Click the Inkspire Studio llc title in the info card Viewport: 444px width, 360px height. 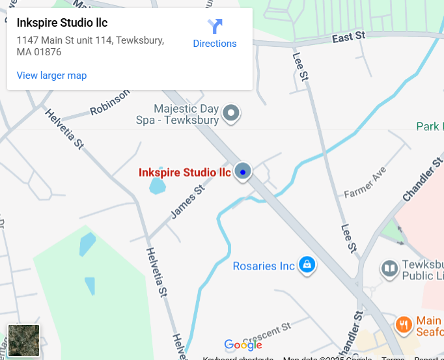tap(62, 23)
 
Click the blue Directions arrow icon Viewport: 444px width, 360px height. tap(215, 27)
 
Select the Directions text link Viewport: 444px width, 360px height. tap(215, 44)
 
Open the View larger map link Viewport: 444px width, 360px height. tap(51, 76)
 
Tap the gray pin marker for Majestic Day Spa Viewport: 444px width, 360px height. tap(231, 113)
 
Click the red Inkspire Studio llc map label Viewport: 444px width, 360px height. tap(185, 173)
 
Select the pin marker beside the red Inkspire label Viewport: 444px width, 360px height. tap(243, 172)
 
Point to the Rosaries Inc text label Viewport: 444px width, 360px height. tap(264, 266)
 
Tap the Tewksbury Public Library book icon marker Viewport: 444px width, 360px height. tap(389, 268)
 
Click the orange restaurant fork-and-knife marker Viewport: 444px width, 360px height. tap(404, 324)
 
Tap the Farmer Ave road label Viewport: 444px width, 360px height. tap(365, 184)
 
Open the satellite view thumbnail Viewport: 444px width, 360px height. tap(24, 340)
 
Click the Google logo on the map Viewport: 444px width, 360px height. tap(243, 345)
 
